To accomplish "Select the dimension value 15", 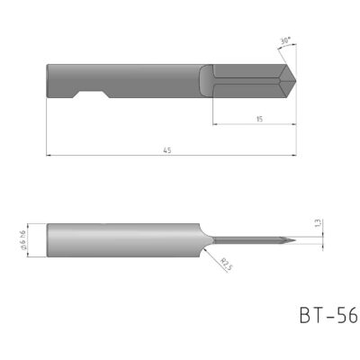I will (257, 119).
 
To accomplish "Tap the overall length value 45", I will (166, 151).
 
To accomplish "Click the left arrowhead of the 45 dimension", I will (49, 156).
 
